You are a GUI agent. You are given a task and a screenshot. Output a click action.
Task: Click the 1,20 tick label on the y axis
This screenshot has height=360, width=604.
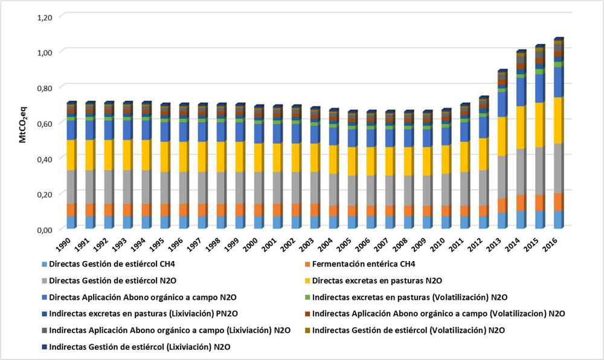tap(45, 17)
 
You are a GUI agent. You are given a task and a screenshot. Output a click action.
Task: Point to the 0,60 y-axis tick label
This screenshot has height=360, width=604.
tap(45, 123)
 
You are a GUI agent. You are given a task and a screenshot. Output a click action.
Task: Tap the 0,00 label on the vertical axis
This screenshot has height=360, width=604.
tap(45, 229)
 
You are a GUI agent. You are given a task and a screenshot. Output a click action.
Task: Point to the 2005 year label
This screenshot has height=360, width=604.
tap(350, 244)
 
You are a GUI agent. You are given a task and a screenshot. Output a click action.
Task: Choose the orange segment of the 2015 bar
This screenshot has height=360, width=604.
tap(539, 202)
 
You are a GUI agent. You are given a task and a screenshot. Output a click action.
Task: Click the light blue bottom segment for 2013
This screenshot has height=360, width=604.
tap(502, 220)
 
